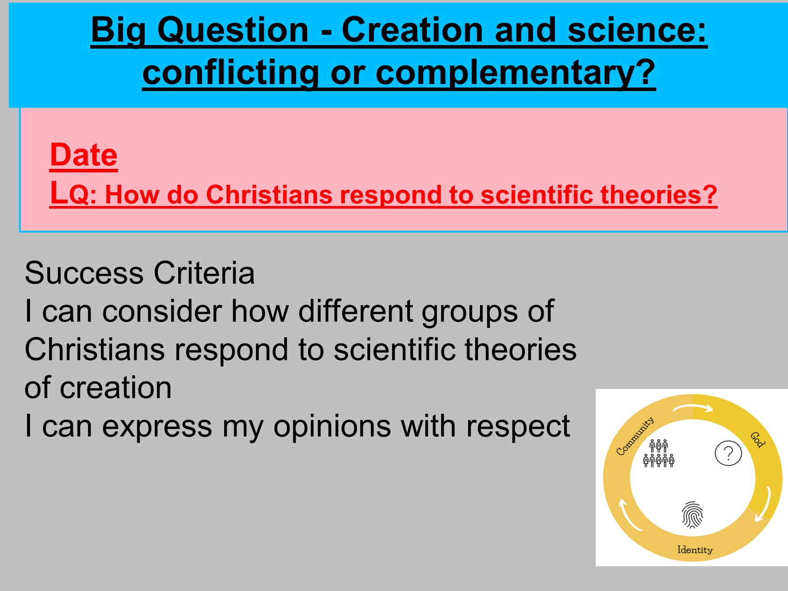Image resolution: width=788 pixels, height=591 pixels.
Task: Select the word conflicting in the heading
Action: tap(230, 72)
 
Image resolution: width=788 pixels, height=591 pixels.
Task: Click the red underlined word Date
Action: tap(84, 155)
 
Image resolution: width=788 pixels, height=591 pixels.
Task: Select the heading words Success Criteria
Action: tap(140, 273)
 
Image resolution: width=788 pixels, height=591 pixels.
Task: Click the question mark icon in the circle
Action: tap(728, 454)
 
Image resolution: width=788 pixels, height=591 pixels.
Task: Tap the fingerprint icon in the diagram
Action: tap(693, 515)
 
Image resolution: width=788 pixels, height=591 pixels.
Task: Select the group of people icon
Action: tap(659, 453)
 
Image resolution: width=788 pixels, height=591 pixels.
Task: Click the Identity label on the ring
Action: tap(695, 550)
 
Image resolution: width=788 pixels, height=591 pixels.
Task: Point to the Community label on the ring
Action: tap(635, 436)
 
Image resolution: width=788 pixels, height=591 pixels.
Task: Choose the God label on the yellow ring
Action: tap(758, 439)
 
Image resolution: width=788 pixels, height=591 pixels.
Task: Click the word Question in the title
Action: tap(233, 30)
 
